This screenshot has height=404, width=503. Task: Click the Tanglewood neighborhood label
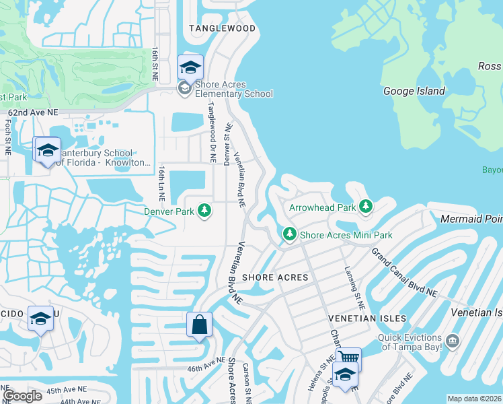[x=222, y=28]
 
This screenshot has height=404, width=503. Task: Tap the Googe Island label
[x=414, y=91]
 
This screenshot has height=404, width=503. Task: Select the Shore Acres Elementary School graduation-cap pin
[x=190, y=67]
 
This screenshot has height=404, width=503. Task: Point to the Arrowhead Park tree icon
[x=366, y=207]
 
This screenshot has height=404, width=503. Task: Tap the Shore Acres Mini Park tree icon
[x=289, y=235]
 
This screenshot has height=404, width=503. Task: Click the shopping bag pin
[x=200, y=325]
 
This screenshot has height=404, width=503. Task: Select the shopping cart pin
[x=348, y=358]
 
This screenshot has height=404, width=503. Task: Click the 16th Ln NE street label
[x=161, y=183]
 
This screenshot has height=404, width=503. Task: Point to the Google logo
[x=22, y=396]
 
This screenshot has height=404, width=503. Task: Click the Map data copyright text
[x=474, y=399]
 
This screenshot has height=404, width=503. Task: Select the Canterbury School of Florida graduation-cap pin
[x=47, y=150]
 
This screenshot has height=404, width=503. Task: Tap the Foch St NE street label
[x=7, y=137]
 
